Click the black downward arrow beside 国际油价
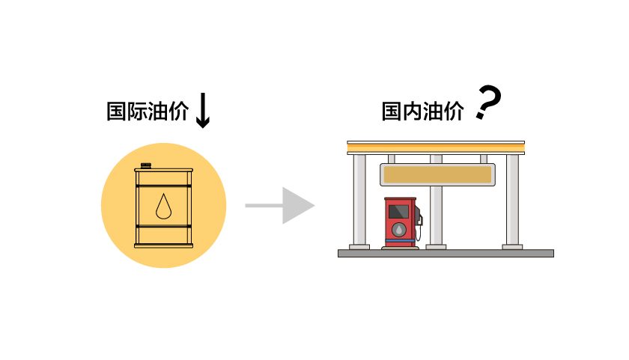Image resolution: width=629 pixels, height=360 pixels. click(x=202, y=111)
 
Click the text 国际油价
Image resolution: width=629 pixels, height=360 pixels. click(x=147, y=112)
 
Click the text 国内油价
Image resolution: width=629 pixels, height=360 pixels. click(x=422, y=112)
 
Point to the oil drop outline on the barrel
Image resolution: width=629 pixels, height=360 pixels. click(x=163, y=206)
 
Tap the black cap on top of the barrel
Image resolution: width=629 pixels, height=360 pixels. click(x=145, y=165)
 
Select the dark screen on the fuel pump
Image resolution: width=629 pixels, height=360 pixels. click(x=398, y=212)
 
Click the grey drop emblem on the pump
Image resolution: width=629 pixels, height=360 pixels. click(x=400, y=230)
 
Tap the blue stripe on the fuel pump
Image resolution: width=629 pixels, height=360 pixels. click(x=400, y=241)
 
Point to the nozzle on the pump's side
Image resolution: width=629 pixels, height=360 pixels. click(x=419, y=220)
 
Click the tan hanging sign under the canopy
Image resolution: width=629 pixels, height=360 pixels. click(x=437, y=175)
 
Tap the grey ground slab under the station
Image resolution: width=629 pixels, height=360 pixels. click(x=446, y=253)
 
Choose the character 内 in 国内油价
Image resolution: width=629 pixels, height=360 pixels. click(x=412, y=112)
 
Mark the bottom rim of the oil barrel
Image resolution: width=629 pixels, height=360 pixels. click(x=163, y=245)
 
